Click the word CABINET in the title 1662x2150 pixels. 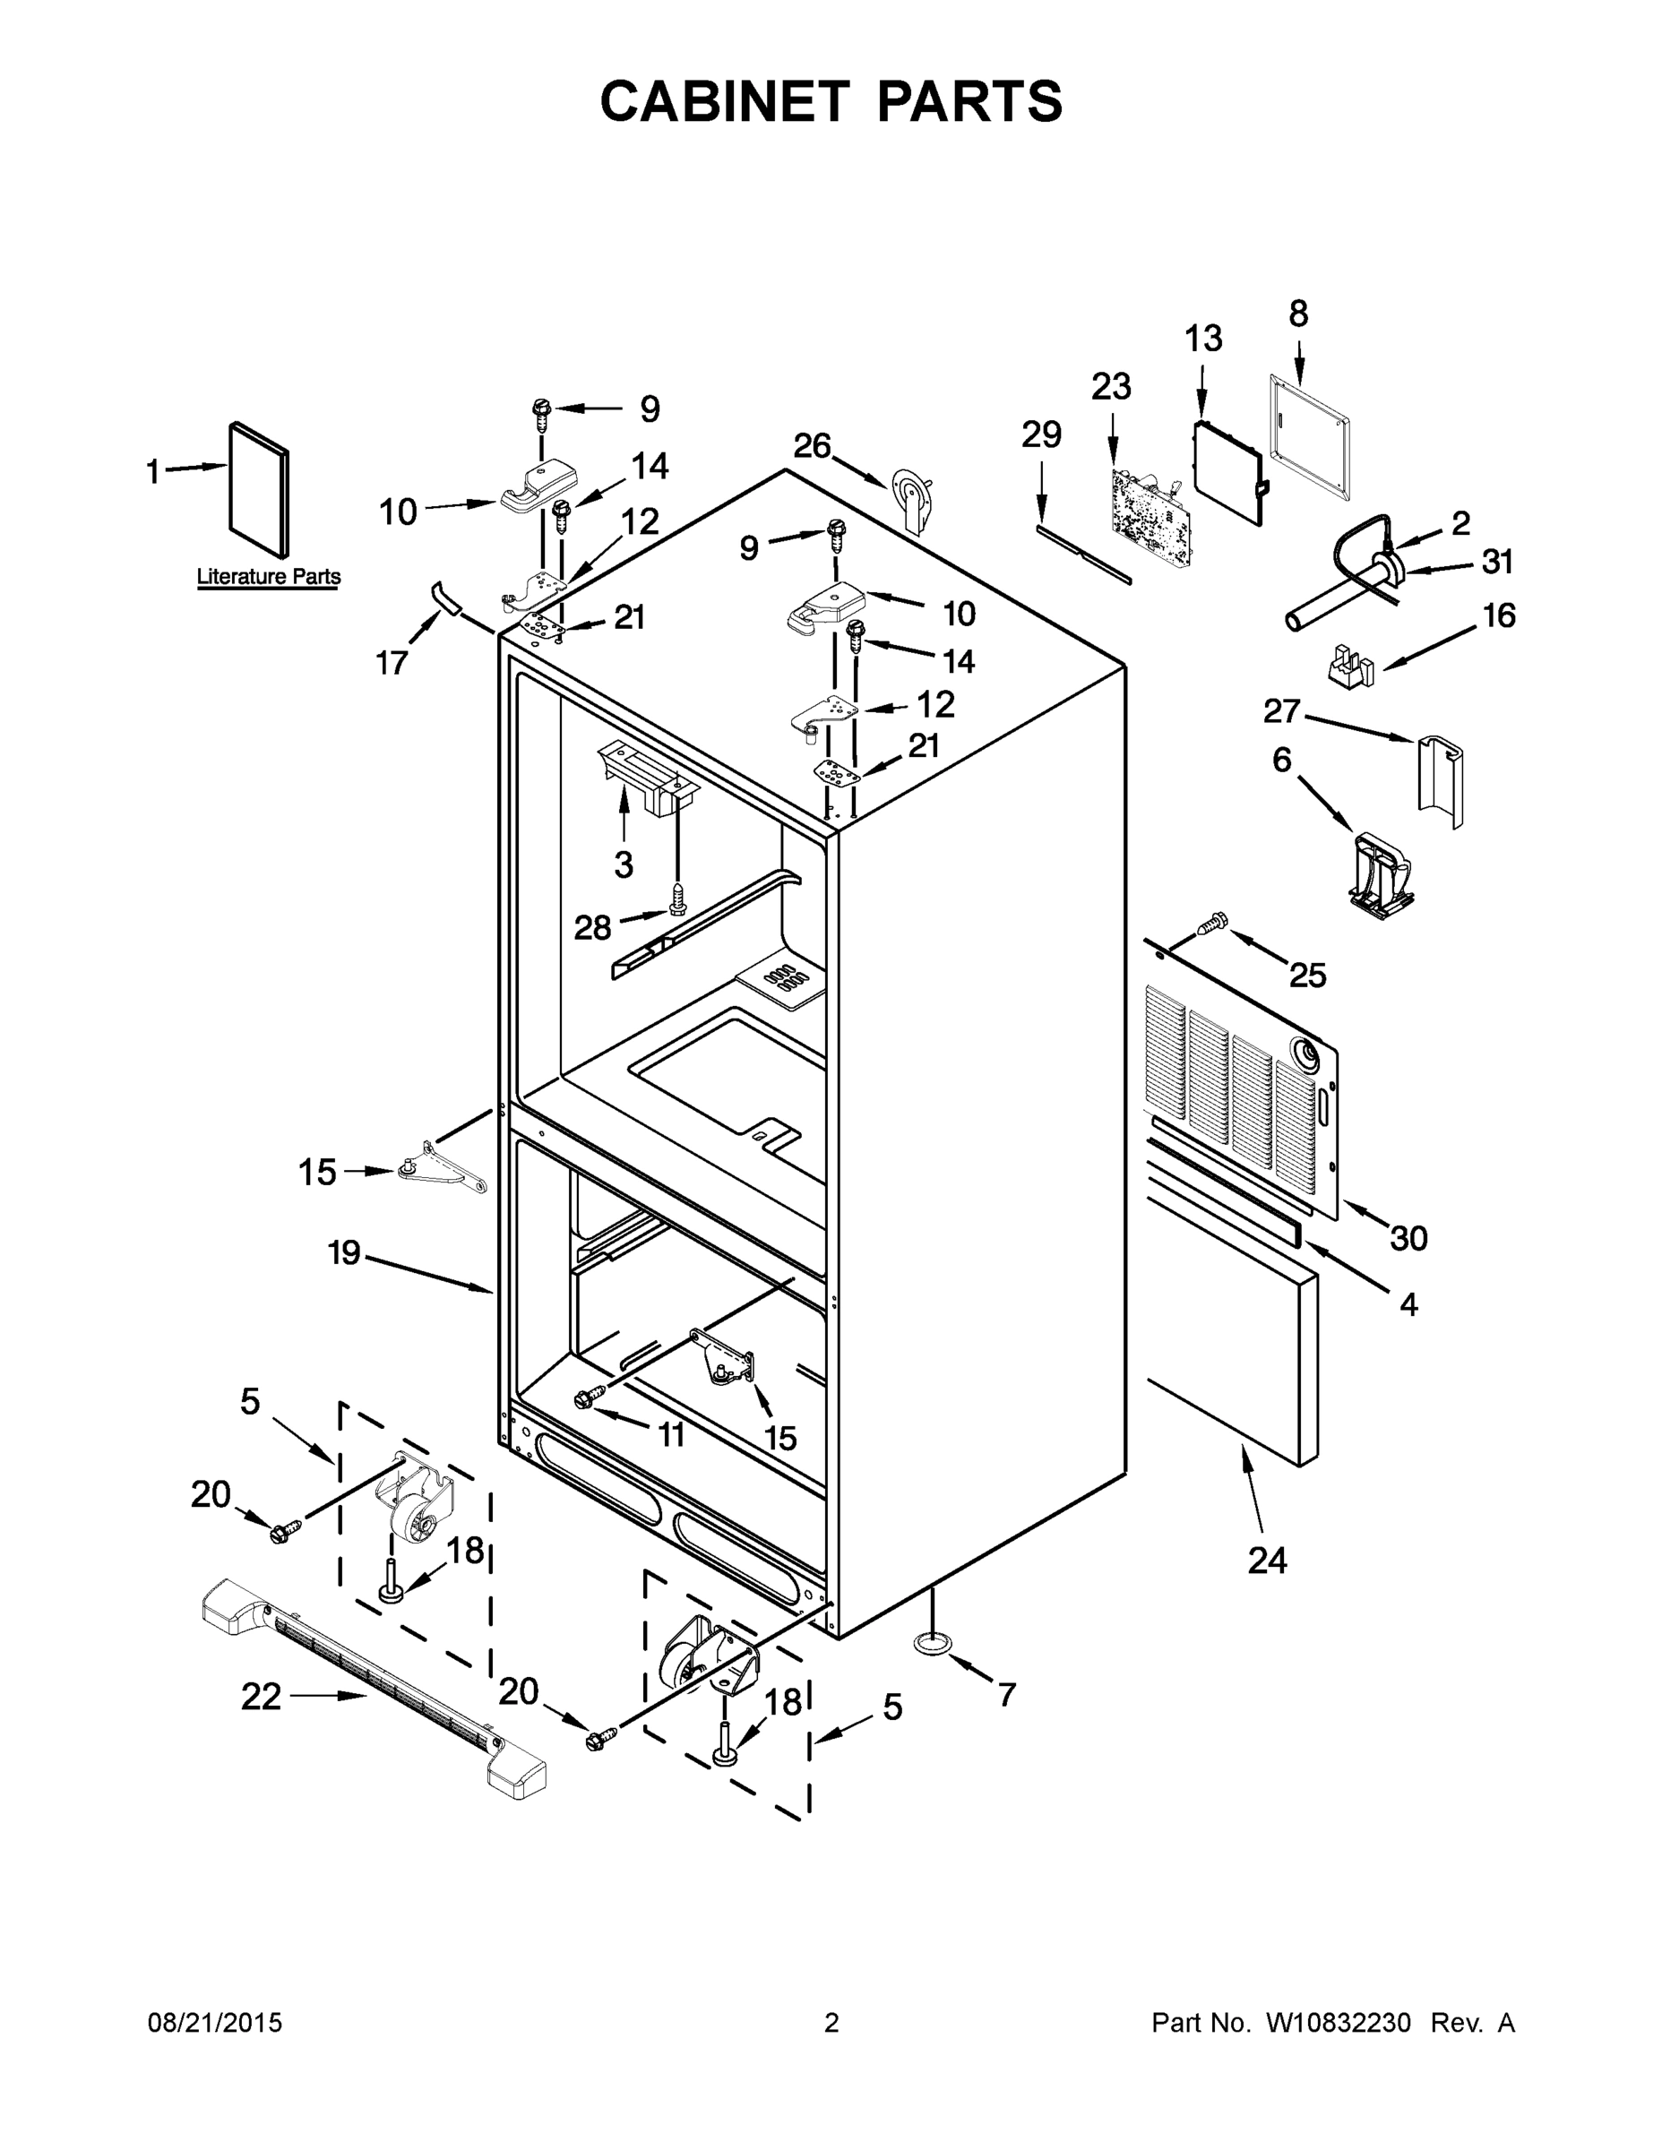pyautogui.click(x=724, y=101)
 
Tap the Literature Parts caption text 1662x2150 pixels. pyautogui.click(x=268, y=577)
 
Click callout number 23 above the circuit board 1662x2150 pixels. pyautogui.click(x=1111, y=387)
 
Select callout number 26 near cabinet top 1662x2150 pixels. pyautogui.click(x=813, y=446)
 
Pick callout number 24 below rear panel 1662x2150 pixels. pyautogui.click(x=1266, y=1561)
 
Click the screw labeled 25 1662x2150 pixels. pyautogui.click(x=1213, y=924)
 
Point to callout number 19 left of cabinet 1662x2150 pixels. pyautogui.click(x=344, y=1253)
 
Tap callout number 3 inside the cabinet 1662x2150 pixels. pyautogui.click(x=624, y=864)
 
